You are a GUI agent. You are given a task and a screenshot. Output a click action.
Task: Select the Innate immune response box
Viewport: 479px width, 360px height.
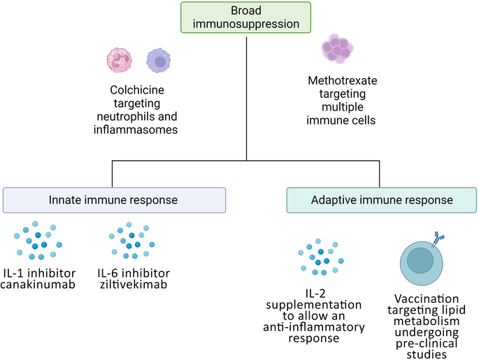(114, 200)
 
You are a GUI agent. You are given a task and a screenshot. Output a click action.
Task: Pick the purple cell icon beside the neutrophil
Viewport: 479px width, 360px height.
(159, 62)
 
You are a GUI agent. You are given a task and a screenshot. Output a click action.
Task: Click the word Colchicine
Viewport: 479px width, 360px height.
(137, 90)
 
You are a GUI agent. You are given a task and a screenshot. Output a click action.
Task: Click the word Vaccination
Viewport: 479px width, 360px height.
(426, 297)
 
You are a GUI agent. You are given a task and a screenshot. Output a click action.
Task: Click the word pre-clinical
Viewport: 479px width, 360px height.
(426, 345)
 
